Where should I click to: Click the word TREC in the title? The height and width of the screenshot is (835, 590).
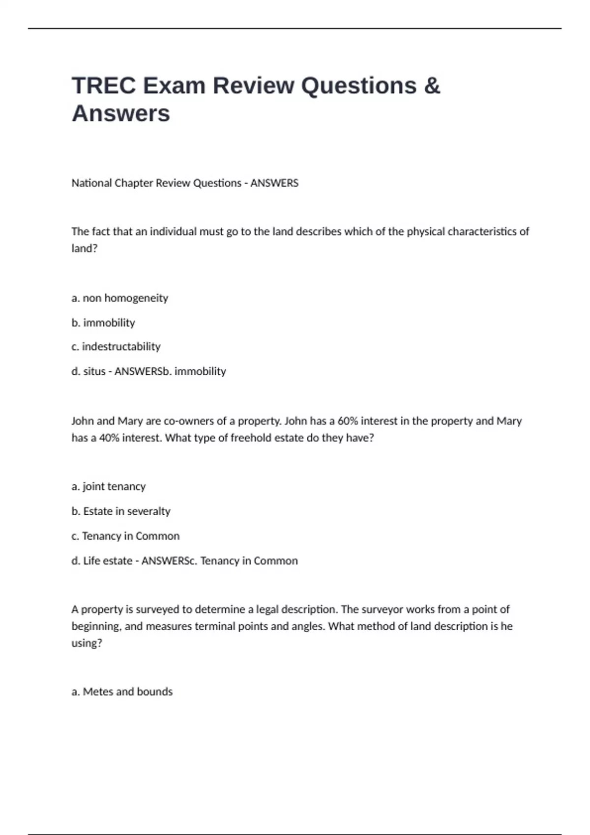pos(104,85)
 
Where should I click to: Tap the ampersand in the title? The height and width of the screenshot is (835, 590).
pos(431,85)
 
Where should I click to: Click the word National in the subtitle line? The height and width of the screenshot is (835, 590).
pos(91,183)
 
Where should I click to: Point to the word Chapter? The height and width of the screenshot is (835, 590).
pos(134,183)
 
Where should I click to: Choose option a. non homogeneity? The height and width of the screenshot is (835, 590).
pos(119,298)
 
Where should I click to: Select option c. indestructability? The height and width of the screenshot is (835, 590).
pos(116,347)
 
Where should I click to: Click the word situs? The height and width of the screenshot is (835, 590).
pos(94,371)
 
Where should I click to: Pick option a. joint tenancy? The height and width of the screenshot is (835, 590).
pos(109,486)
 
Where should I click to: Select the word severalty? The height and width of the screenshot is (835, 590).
pos(148,511)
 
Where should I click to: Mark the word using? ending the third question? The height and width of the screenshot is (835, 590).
pos(87,643)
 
